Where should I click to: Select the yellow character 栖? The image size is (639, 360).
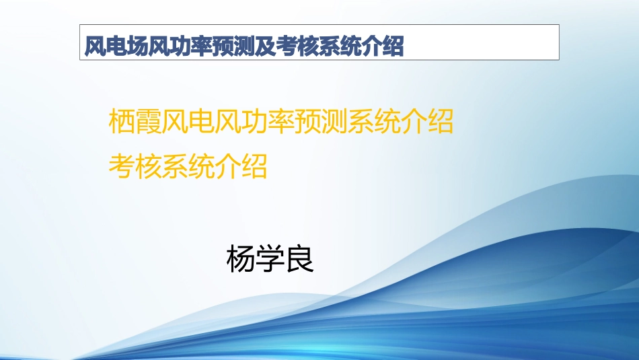[121, 122]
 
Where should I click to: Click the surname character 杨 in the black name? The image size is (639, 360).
[241, 259]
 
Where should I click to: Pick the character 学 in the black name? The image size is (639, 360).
[270, 259]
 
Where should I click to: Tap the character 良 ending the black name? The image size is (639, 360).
[300, 259]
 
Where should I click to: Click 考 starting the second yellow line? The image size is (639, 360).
[121, 166]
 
